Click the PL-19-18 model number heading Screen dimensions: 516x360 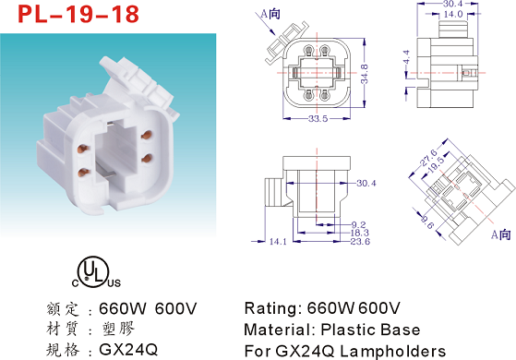[78, 14]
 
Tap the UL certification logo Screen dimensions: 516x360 [96, 272]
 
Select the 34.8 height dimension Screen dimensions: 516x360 [365, 74]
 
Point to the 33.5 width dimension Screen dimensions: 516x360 [318, 118]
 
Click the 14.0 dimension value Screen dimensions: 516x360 [453, 14]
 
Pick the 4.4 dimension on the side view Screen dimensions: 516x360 [406, 57]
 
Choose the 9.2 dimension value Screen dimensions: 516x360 [358, 224]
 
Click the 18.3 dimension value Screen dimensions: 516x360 [360, 233]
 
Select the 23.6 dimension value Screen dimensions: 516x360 [360, 242]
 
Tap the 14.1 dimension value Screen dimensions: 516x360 [278, 242]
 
